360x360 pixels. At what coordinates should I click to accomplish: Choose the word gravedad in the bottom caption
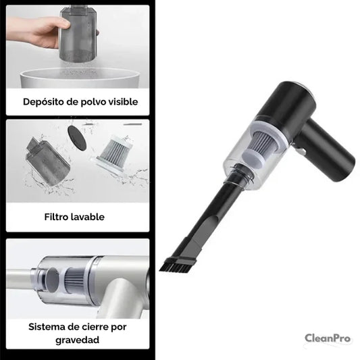click(x=78, y=340)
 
